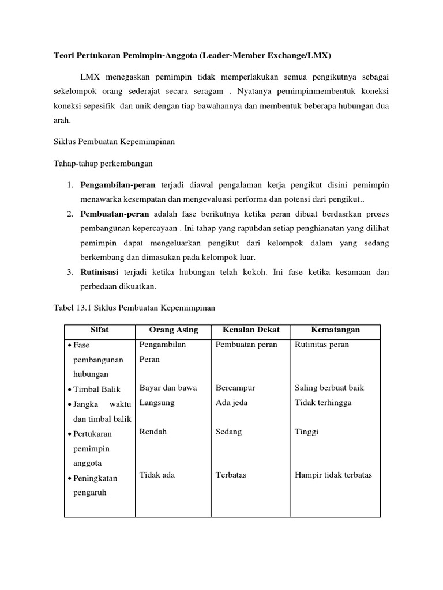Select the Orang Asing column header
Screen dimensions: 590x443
173,330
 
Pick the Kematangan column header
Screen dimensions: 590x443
335,330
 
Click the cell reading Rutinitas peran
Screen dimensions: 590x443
321,345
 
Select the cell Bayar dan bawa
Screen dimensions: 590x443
168,388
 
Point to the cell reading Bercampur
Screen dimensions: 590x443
235,388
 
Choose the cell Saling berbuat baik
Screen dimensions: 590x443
329,388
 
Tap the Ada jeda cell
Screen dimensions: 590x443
231,403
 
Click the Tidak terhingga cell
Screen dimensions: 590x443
322,403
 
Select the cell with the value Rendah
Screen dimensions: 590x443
153,432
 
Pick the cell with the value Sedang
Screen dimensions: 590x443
228,432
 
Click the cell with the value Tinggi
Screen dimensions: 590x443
306,432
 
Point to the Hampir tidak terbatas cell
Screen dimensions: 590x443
333,475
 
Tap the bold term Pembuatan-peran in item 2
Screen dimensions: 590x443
114,214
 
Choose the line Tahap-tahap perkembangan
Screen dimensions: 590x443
103,164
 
